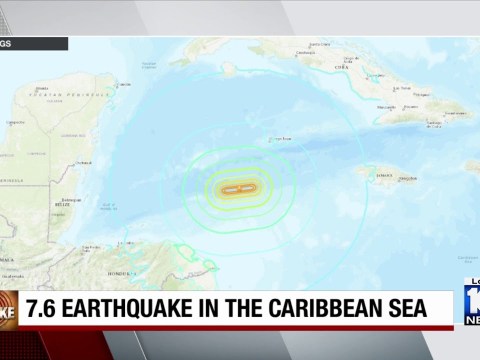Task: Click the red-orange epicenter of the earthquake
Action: pyautogui.click(x=239, y=188)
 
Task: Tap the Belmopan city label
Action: pyautogui.click(x=45, y=200)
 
